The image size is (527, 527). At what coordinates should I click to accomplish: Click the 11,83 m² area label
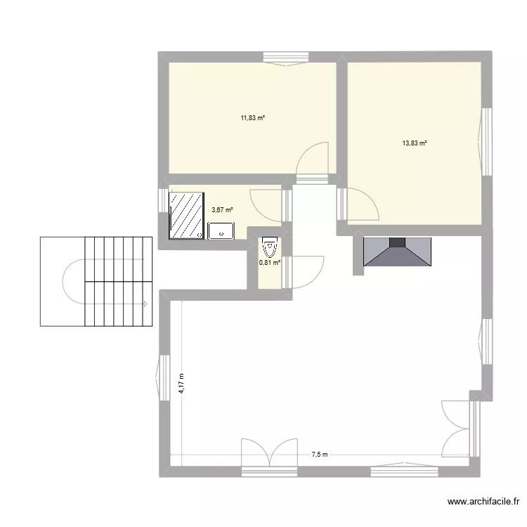coord(252,118)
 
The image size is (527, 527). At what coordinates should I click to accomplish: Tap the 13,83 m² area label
coord(415,143)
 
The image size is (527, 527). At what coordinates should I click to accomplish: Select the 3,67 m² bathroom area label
coord(222,209)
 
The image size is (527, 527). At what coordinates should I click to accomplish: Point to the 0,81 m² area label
coord(270,262)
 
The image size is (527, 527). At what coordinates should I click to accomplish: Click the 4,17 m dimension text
coord(181,383)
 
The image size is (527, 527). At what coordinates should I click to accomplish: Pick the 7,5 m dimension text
coord(320,455)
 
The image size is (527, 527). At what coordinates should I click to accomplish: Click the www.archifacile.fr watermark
coord(483,502)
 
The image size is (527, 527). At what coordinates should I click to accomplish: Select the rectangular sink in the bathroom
coord(221,230)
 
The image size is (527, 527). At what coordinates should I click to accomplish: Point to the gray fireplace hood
coord(397,252)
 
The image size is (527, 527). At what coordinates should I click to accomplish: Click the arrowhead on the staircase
coord(144,304)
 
